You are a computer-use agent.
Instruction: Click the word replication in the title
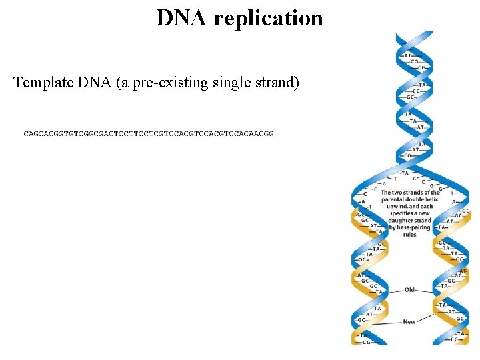click(269, 18)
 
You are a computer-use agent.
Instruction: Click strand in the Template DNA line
click(272, 83)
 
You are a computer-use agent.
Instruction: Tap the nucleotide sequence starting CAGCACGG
click(149, 134)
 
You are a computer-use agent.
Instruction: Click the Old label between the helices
click(409, 290)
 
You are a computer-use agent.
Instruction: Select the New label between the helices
click(409, 322)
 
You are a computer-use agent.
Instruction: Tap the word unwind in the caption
click(399, 207)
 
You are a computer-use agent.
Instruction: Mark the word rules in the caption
click(409, 235)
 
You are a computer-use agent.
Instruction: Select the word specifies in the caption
click(398, 213)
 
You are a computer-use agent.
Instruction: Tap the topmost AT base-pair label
click(408, 55)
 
